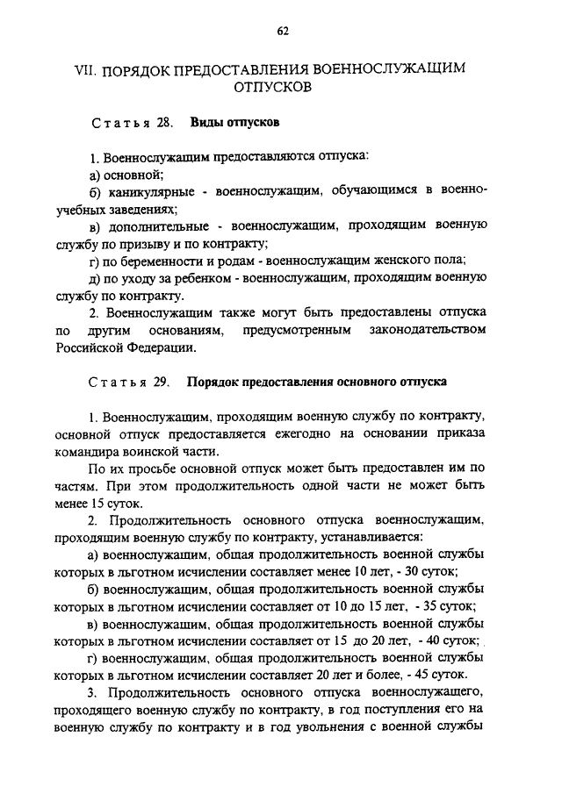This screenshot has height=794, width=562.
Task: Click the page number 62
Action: [282, 32]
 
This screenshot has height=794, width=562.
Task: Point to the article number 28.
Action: [162, 123]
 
